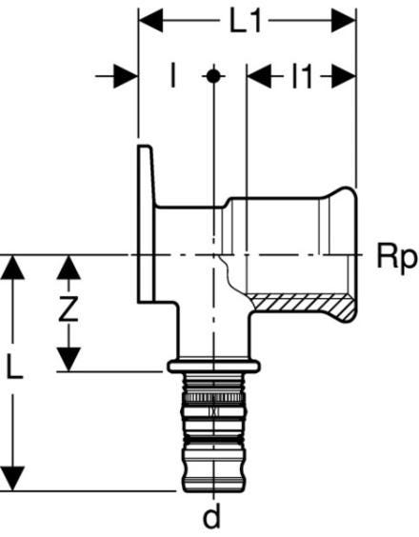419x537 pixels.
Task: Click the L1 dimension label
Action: coord(246,21)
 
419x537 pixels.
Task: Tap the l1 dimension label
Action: coord(302,76)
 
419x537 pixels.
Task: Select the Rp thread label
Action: coord(397,258)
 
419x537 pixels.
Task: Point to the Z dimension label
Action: coord(69,308)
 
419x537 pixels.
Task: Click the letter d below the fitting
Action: coord(212,517)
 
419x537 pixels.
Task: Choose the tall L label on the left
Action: coord(14,370)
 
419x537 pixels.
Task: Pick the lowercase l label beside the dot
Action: coord(173,76)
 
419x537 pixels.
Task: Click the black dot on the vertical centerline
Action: coord(213,76)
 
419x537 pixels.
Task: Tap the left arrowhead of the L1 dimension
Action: coord(150,21)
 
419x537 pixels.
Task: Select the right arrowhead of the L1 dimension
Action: coord(344,21)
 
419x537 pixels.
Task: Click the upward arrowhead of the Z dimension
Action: coord(69,268)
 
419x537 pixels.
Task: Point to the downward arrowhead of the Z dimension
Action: coord(69,359)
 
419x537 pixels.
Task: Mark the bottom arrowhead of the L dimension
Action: coord(12,479)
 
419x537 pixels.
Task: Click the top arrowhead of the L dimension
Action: coord(12,268)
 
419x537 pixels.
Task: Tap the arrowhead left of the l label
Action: coord(126,76)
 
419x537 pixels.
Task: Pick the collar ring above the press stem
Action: coord(213,367)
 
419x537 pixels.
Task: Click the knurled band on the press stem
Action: coord(213,398)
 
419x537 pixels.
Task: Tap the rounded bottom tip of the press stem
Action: coord(213,487)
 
